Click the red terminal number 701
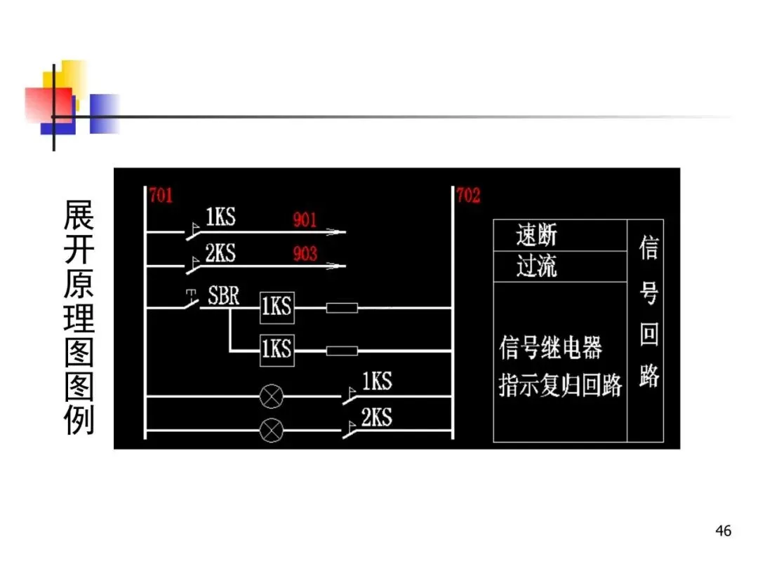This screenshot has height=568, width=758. pyautogui.click(x=161, y=194)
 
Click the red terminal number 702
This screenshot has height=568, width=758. pyautogui.click(x=468, y=194)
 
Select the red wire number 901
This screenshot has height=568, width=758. pyautogui.click(x=305, y=219)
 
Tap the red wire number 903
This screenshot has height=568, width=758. pyautogui.click(x=305, y=253)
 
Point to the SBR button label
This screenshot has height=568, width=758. pyautogui.click(x=224, y=295)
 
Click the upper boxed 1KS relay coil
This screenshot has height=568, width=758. pyautogui.click(x=277, y=308)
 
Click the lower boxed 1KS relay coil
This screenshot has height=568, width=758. pyautogui.click(x=277, y=349)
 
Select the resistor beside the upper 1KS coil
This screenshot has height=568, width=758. pyautogui.click(x=342, y=308)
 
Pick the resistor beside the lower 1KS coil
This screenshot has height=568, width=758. pyautogui.click(x=342, y=350)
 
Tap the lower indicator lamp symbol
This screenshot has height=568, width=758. pyautogui.click(x=270, y=428)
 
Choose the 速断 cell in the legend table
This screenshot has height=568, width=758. pyautogui.click(x=537, y=236)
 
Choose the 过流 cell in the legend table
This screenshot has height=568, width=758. pyautogui.click(x=537, y=266)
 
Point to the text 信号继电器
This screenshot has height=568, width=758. pyautogui.click(x=551, y=348)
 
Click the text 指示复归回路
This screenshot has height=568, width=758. pyautogui.click(x=560, y=385)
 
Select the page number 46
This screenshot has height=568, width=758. pyautogui.click(x=723, y=531)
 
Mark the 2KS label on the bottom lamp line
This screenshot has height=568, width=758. pyautogui.click(x=376, y=417)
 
